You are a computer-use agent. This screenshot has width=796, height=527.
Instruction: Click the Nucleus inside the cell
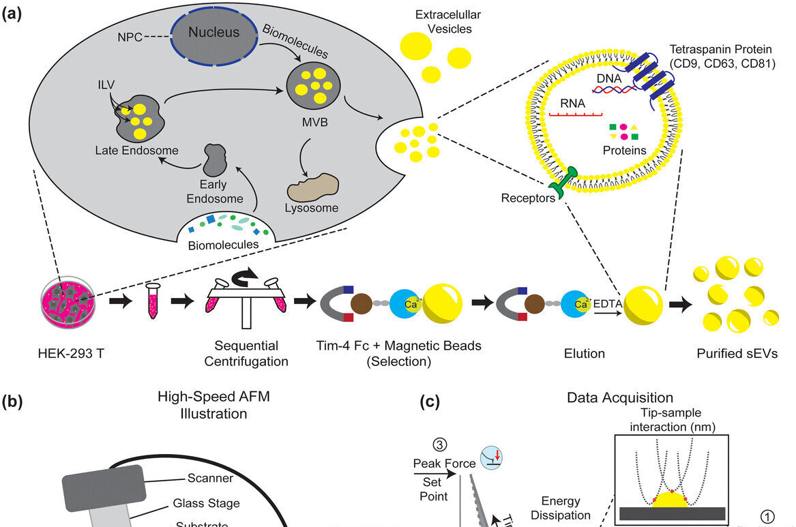click(213, 32)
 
